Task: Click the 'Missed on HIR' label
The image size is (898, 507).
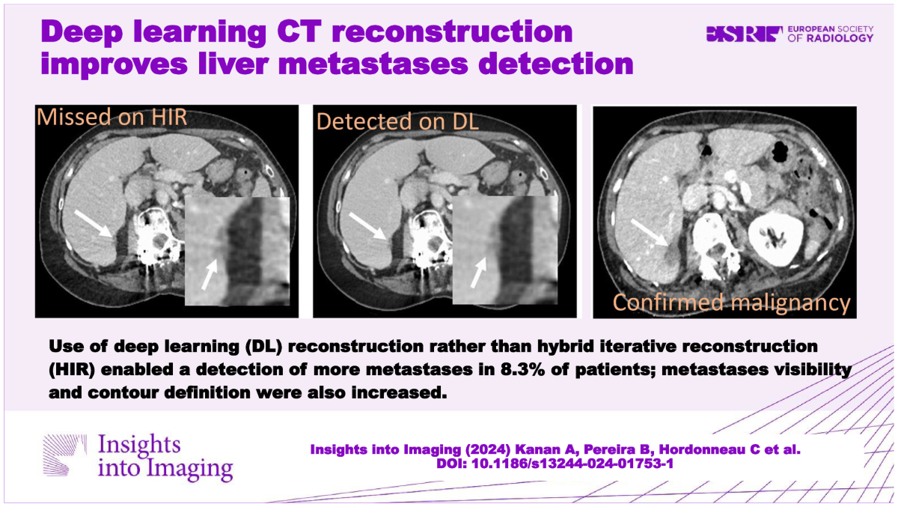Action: [112, 117]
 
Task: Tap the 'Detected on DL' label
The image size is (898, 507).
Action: [397, 121]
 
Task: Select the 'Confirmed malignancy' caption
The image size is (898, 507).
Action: [732, 303]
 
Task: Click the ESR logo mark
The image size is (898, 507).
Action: [744, 34]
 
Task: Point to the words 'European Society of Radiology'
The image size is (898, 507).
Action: [830, 34]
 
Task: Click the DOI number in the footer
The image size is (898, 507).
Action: [572, 464]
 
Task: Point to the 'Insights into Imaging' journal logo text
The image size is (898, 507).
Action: [165, 457]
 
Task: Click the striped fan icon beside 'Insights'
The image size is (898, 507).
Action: [64, 455]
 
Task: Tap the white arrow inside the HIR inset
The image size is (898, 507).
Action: [210, 274]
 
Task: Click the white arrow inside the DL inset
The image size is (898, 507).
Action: [478, 273]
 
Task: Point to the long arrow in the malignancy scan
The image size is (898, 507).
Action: [650, 233]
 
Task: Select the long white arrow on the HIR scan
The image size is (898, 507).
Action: [94, 224]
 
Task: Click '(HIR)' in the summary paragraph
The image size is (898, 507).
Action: [72, 369]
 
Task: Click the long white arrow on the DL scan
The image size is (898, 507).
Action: [368, 227]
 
